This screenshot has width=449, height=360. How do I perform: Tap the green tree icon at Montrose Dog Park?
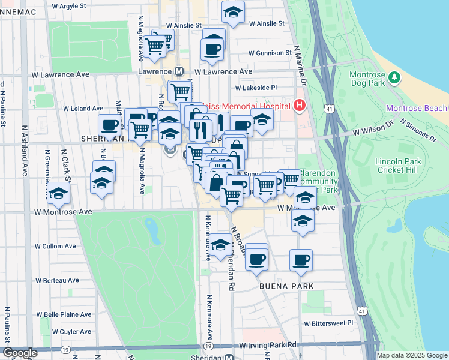coord(394,77)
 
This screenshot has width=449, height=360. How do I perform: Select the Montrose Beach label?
coord(416,109)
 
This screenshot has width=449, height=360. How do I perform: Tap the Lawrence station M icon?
coord(178,71)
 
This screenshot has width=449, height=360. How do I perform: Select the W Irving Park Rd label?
coord(268,346)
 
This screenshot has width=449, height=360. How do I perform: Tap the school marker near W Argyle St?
coord(232,11)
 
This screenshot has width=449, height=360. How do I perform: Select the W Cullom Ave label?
coord(55,246)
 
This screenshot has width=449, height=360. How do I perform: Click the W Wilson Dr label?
coord(372,130)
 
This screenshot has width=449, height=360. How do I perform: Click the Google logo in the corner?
coord(20,353)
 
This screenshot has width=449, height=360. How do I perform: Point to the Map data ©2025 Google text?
coord(411,355)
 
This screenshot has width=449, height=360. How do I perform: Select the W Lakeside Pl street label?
coord(256,87)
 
